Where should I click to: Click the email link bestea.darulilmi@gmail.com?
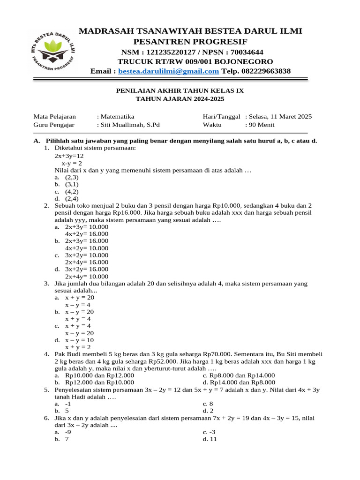[x=169, y=71]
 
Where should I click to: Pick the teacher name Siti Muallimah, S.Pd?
[x=130, y=125]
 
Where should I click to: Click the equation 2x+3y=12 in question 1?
[x=69, y=156]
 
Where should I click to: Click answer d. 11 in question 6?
[x=210, y=439]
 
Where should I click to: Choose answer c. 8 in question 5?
[x=208, y=404]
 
